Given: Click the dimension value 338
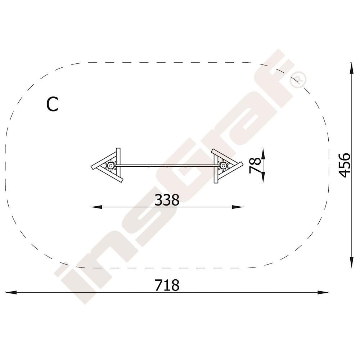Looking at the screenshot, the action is [x=167, y=200].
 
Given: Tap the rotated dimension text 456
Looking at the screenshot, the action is [x=345, y=165].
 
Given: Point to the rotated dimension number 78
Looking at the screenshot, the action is [x=255, y=165].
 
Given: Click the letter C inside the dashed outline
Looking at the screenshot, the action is [x=52, y=104].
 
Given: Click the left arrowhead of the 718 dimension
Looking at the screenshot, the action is [x=11, y=292].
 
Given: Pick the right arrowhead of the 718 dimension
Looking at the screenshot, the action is [x=323, y=292].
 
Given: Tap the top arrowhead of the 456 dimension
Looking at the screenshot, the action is [x=351, y=68].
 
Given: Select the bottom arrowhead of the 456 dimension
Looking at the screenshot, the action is [x=351, y=262].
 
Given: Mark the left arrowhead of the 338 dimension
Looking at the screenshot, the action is [x=96, y=207].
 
